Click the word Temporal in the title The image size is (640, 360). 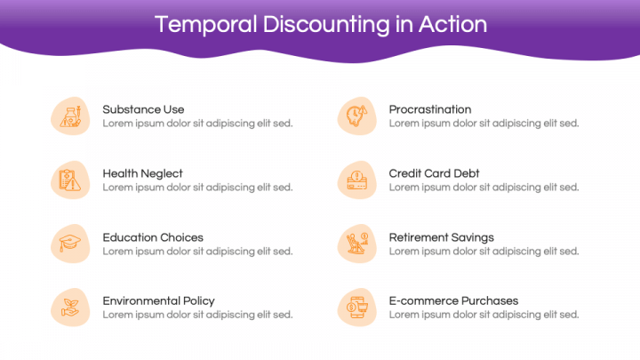pos(205,25)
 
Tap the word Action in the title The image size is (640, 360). pos(452,24)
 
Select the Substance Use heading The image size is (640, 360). pos(143,109)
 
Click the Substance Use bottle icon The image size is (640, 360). pos(70,116)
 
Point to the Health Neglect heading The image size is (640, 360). pos(142,174)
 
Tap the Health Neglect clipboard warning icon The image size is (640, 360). pos(70,180)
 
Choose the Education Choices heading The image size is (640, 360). pos(153,237)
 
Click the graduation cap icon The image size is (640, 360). pos(70,244)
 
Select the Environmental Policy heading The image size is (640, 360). pos(159,301)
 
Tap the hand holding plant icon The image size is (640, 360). pos(70,308)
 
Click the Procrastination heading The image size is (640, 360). pos(430,109)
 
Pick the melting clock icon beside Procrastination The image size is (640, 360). pos(356,116)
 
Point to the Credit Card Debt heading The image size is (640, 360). pos(434,173)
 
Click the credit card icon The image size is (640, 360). pos(357,180)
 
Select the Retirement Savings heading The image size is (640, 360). pos(441,237)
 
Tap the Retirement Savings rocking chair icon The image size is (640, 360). pos(357,244)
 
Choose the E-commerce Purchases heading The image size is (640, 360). pos(453,300)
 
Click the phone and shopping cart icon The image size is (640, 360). pos(357,308)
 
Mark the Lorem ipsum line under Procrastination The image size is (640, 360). pos(484,124)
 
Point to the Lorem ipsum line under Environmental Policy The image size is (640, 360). pos(197,315)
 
